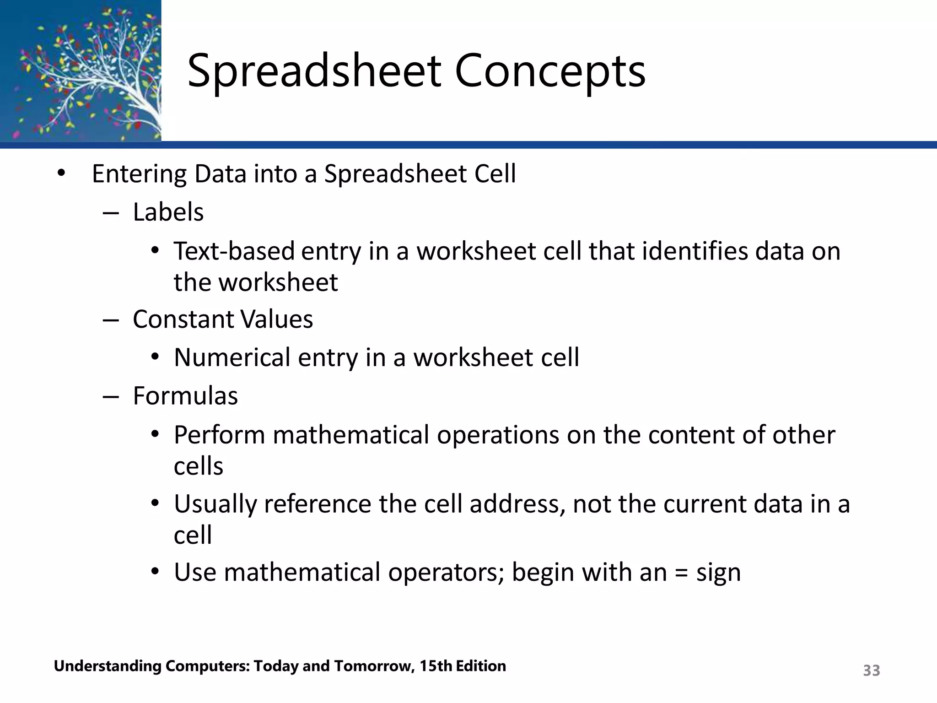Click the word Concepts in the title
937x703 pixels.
click(x=550, y=71)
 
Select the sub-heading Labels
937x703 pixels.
click(x=168, y=212)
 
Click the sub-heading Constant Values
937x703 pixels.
click(x=222, y=319)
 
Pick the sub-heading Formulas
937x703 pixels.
click(x=185, y=395)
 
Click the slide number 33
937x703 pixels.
click(x=871, y=671)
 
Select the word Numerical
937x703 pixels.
click(x=232, y=357)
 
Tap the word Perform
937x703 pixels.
click(x=219, y=435)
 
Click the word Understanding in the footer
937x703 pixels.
click(x=108, y=666)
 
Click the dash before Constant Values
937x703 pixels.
click(x=111, y=320)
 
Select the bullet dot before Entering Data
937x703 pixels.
click(x=61, y=174)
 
